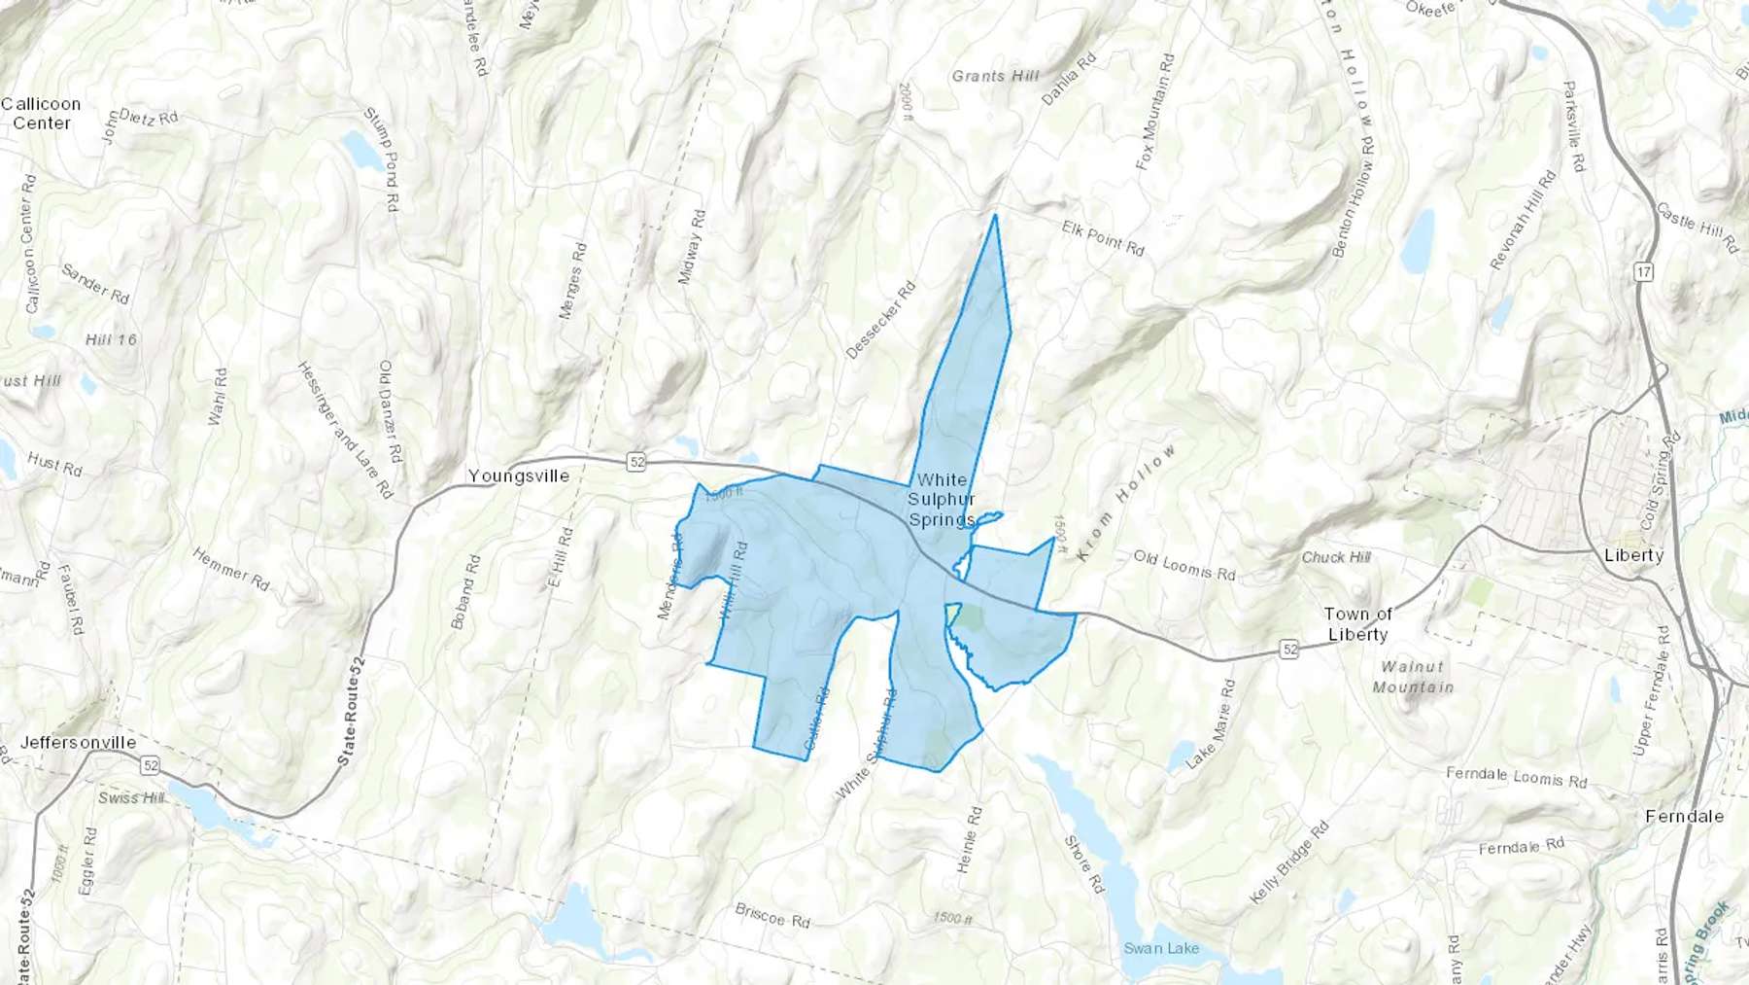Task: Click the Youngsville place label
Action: click(x=518, y=476)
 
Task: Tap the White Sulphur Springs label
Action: click(x=942, y=500)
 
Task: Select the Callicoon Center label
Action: click(x=41, y=114)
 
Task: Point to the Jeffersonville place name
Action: click(x=78, y=743)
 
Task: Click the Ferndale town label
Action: click(x=1684, y=817)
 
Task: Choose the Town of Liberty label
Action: click(x=1357, y=624)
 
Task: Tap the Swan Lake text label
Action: click(x=1161, y=948)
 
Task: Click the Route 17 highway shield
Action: click(x=1643, y=272)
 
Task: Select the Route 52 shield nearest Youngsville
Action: click(x=636, y=462)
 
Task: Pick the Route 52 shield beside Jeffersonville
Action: click(x=150, y=766)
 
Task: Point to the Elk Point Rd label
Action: click(x=1103, y=238)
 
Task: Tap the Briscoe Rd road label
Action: click(x=772, y=915)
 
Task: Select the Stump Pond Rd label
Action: click(x=382, y=159)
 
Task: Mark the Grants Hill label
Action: click(x=995, y=76)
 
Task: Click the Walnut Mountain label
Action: click(x=1413, y=677)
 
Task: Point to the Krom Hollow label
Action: click(x=1127, y=502)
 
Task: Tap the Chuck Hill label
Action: click(x=1336, y=557)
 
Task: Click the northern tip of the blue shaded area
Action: click(x=995, y=216)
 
